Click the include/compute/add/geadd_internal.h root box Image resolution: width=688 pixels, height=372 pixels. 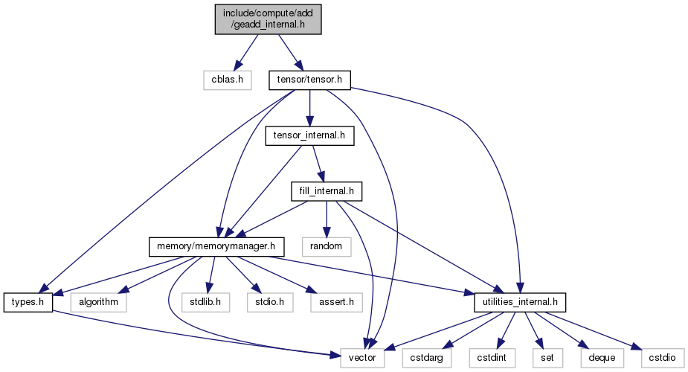[268, 19]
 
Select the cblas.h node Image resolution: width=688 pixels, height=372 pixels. [228, 80]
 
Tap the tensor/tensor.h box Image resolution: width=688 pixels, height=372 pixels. [309, 80]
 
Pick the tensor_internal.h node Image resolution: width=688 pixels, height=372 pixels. [309, 136]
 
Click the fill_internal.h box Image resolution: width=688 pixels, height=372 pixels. [327, 192]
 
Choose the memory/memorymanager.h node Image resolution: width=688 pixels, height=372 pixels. [216, 247]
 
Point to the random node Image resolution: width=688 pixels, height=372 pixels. [327, 247]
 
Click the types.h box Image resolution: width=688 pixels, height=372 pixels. [28, 303]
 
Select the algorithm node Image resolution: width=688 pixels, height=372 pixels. [99, 303]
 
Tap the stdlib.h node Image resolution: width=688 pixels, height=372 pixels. [206, 303]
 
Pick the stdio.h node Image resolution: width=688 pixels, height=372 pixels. [270, 303]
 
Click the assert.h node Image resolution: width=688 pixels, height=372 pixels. [336, 303]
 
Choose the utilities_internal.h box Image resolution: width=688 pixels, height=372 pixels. [520, 303]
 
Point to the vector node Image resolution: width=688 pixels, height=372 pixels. [362, 359]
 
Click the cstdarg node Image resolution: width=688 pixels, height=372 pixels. [426, 359]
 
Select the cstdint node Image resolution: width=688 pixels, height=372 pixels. [492, 359]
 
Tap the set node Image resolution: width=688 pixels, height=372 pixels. [547, 359]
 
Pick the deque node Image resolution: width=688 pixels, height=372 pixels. [602, 359]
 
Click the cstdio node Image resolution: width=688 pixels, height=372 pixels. [663, 359]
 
